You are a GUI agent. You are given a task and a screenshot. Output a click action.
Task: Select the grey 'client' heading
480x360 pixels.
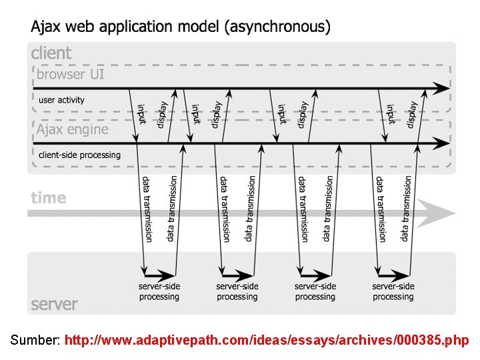(x=51, y=53)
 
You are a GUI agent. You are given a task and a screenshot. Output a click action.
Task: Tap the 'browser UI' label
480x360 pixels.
(x=71, y=74)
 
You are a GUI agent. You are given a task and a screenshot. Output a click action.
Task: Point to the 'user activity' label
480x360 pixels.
(x=62, y=100)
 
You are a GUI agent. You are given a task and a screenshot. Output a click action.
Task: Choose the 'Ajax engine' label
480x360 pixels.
(x=72, y=129)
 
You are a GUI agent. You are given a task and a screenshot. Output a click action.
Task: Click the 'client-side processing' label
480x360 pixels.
(x=79, y=155)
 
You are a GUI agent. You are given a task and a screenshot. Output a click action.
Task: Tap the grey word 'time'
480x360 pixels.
(x=49, y=198)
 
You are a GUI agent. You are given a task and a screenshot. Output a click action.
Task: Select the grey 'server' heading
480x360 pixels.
(x=54, y=305)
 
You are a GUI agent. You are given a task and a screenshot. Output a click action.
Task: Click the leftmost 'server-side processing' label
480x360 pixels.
(x=159, y=291)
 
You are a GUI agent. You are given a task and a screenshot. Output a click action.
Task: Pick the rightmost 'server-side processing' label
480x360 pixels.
(x=393, y=291)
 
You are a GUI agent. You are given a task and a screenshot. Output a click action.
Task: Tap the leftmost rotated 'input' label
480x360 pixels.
(x=141, y=113)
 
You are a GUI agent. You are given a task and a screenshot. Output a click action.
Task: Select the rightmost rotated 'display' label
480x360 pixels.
(x=413, y=115)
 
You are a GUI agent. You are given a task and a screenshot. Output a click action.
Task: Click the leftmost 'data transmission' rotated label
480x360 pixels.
(x=147, y=209)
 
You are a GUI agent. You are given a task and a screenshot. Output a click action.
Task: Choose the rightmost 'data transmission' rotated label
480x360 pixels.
(x=406, y=209)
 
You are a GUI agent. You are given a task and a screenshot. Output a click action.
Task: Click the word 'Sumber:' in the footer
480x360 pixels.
(x=36, y=341)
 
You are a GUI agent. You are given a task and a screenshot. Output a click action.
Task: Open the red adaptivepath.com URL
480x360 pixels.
(x=267, y=341)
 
